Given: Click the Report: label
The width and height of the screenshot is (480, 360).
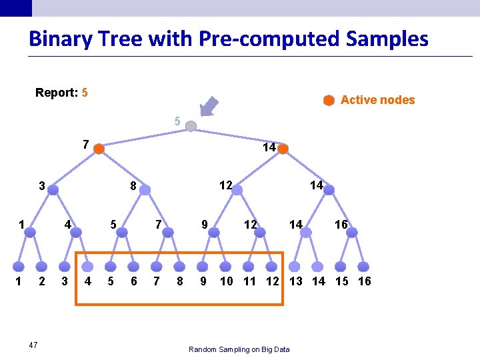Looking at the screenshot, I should pos(56,93).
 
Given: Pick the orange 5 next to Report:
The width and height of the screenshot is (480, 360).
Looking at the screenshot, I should pos(85,93).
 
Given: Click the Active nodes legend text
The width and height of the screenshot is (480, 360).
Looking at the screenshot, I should pos(377,100).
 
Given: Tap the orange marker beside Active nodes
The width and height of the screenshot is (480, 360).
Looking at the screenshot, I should pos(329,101).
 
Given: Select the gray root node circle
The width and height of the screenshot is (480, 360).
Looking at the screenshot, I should pos(191,126).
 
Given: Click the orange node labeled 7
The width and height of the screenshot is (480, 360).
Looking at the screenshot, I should pos(99,149).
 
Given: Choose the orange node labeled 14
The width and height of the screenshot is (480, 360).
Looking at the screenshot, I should pos(283,149).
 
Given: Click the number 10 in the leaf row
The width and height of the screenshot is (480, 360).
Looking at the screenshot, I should pos(227,281).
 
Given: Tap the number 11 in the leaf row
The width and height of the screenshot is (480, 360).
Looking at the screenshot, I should pos(249,281).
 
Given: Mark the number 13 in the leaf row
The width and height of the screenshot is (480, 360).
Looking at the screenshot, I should pos(295,281).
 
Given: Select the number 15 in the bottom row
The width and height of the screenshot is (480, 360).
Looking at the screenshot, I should pos(341,281).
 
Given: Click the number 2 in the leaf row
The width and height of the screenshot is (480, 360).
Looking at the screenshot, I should pos(42,281).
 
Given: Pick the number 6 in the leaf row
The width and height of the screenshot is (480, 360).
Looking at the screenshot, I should pos(134,281).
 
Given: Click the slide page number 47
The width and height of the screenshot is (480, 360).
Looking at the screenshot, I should pos(33,345).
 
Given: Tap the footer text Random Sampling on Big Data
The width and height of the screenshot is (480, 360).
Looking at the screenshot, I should pos(239,349).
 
